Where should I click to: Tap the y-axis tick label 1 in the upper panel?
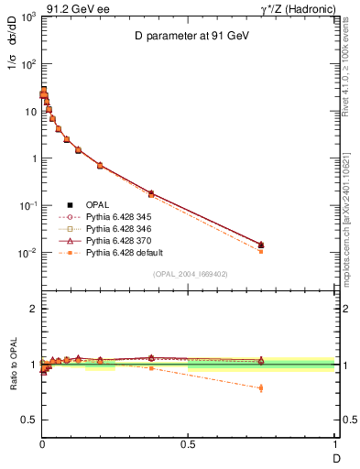(x=33, y=158)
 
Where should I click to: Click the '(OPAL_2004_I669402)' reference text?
(x=190, y=274)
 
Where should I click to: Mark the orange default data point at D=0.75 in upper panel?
(x=261, y=251)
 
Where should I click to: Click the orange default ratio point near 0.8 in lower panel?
(x=261, y=387)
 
